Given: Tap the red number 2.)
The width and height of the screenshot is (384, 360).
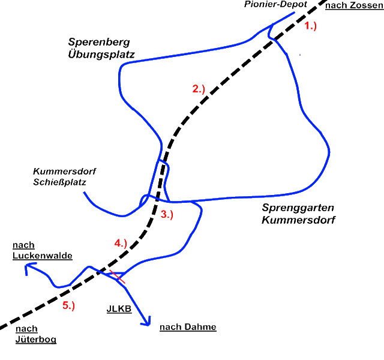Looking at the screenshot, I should tap(199, 89).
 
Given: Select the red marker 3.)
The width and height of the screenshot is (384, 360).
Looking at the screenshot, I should tap(167, 214).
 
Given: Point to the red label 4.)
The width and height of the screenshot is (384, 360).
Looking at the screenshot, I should tap(121, 243).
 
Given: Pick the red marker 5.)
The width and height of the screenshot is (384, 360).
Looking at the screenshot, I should tap(68, 305).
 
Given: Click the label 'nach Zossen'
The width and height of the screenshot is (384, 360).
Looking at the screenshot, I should tap(354, 5).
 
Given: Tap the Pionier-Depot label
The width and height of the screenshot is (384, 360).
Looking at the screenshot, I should tap(275, 4).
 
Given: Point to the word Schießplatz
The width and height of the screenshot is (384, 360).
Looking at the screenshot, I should tap(60, 182).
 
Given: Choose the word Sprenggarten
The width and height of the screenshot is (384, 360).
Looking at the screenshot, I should tap(298, 208).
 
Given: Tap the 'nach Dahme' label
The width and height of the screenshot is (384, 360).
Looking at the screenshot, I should tap(188, 327).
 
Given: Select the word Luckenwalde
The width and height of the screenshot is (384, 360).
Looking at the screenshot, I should tap(42, 255).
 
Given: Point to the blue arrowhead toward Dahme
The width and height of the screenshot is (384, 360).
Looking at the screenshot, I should tap(145, 324).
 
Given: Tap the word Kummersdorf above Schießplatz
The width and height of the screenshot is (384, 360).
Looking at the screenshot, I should tap(64, 171).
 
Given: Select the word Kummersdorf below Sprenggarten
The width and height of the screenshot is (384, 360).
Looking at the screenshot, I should tap(298, 220).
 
